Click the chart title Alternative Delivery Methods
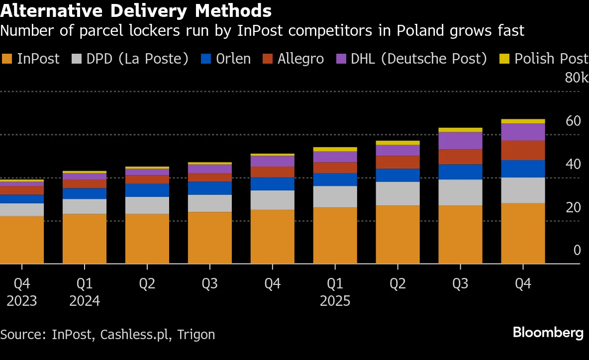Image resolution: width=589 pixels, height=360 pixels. (x=136, y=10)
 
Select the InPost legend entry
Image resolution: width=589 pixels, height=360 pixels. (x=31, y=59)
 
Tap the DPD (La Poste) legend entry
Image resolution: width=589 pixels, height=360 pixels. (x=131, y=59)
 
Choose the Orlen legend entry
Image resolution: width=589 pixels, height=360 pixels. (x=226, y=59)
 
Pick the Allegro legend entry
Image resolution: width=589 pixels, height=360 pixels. (x=294, y=59)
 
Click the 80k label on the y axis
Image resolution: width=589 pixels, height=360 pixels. (x=576, y=78)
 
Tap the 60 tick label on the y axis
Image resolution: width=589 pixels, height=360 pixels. (x=573, y=121)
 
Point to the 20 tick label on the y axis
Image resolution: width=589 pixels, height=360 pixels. (x=573, y=207)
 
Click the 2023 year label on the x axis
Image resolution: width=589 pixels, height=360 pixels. (x=21, y=301)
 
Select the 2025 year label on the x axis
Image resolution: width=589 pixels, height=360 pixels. (x=335, y=301)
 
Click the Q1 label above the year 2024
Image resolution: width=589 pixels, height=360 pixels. (x=85, y=284)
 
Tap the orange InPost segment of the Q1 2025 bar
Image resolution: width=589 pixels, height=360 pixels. (x=335, y=235)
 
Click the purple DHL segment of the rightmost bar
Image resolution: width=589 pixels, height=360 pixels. (x=523, y=132)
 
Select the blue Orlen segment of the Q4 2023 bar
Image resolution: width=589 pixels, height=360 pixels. (x=21, y=199)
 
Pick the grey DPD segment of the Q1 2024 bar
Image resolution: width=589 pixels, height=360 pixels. (x=85, y=206)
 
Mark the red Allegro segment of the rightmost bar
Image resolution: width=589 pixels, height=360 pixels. (x=523, y=150)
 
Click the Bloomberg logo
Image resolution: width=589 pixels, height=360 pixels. (x=548, y=333)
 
